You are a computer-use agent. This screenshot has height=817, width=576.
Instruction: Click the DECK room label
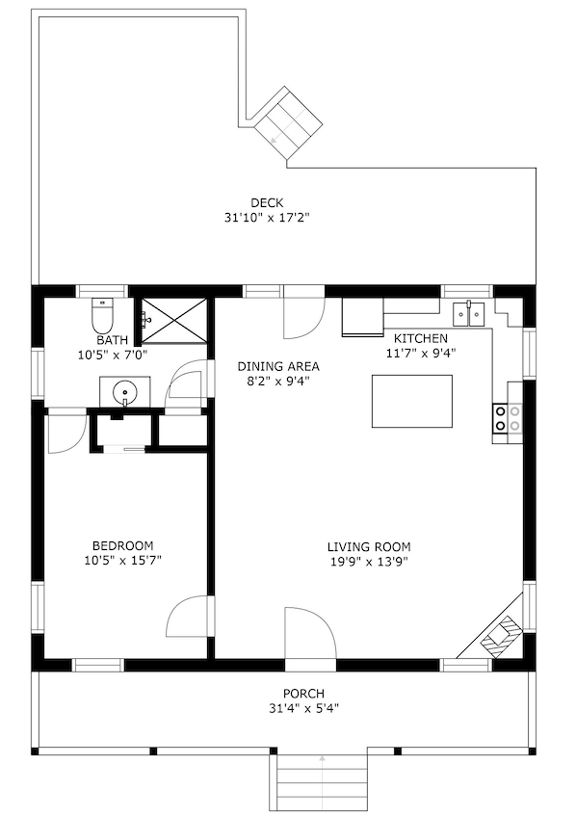267,202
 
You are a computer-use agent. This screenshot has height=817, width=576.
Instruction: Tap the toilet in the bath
102,316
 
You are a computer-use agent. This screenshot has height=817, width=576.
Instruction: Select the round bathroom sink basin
125,391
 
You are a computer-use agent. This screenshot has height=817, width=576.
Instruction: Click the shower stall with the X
174,321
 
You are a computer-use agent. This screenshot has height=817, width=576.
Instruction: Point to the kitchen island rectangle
411,401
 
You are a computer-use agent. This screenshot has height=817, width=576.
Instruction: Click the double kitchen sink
469,314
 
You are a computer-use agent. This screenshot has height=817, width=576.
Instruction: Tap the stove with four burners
508,418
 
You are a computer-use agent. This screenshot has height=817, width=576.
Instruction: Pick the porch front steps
322,781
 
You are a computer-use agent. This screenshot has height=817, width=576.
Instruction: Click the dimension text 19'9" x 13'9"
369,562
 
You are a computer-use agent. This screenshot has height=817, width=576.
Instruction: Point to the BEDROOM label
123,545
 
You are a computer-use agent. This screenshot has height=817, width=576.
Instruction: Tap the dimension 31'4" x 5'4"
303,708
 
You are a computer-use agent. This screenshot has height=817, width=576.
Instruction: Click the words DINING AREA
278,366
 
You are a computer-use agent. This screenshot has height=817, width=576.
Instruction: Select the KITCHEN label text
420,338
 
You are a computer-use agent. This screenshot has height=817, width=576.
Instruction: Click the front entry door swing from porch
310,634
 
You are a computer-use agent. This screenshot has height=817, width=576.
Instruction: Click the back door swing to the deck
304,312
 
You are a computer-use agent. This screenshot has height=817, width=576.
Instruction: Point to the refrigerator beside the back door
362,317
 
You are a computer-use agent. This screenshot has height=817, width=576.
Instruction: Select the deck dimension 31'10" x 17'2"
267,218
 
